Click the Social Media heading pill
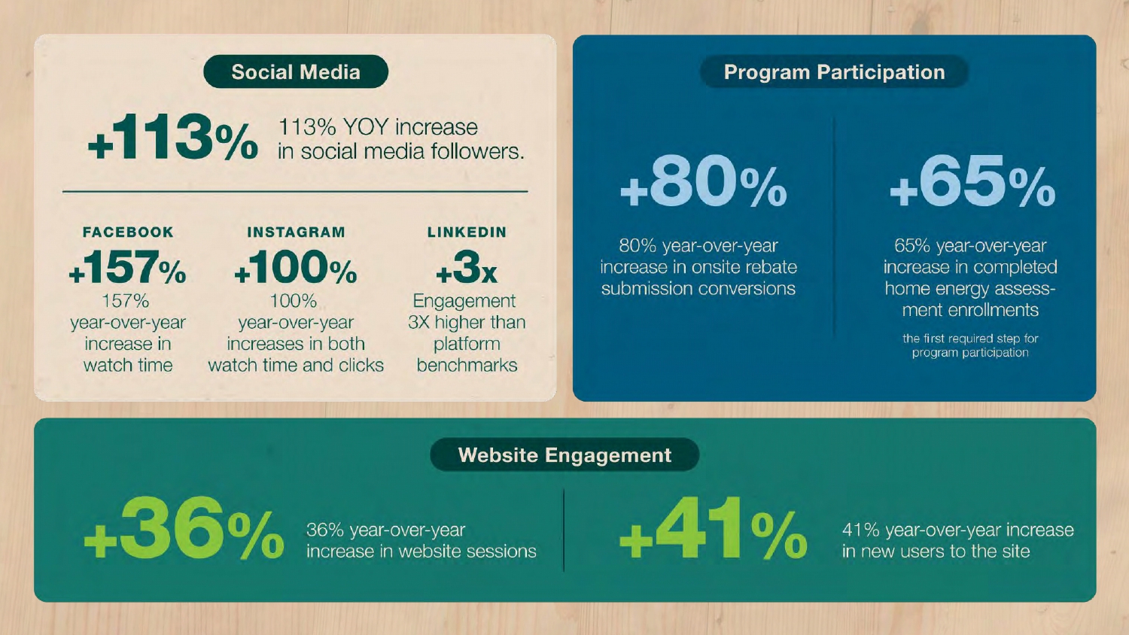tap(296, 71)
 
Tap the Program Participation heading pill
tap(834, 71)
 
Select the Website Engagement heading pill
tap(564, 454)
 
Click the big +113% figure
tap(173, 137)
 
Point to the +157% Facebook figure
tap(127, 267)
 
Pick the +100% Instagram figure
tap(296, 267)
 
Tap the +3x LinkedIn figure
tap(467, 267)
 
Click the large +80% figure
tap(704, 181)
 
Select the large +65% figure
tap(972, 181)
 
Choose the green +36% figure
tap(184, 528)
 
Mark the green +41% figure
tap(714, 528)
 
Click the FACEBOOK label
tap(128, 232)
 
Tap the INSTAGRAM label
tap(297, 232)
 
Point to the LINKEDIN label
tap(467, 232)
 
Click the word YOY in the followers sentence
tap(367, 127)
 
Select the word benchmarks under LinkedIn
tap(467, 365)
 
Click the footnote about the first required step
tap(970, 345)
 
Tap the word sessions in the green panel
tap(501, 551)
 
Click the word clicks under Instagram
tap(361, 365)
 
